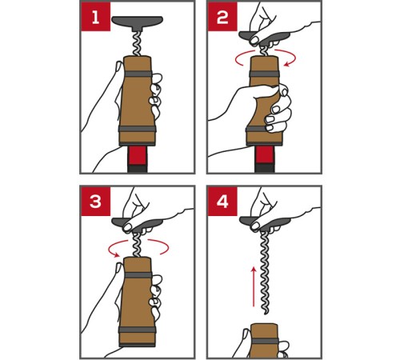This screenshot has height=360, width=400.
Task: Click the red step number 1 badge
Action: (x=95, y=17)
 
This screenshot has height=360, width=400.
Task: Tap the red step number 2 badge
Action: (x=222, y=17)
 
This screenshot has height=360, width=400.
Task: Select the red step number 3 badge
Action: (x=95, y=201)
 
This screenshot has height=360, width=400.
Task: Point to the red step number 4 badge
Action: (x=222, y=201)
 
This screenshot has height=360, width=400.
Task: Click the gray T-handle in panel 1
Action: (x=137, y=22)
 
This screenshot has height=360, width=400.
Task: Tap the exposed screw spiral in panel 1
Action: (x=137, y=43)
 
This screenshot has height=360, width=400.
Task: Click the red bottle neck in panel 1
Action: (x=137, y=155)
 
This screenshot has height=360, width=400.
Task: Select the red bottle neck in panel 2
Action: (x=265, y=155)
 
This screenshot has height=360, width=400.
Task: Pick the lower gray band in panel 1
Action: (x=138, y=129)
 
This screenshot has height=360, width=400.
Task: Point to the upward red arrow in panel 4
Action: (x=254, y=286)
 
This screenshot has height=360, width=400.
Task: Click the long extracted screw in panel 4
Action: (x=265, y=273)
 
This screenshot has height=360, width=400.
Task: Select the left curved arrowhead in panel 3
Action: (x=116, y=254)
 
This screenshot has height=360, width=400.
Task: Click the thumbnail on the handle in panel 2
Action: (x=254, y=41)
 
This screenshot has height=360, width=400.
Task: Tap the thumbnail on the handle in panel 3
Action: (x=127, y=227)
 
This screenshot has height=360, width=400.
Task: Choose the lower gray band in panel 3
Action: (x=138, y=330)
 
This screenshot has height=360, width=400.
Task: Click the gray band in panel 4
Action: (x=265, y=341)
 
